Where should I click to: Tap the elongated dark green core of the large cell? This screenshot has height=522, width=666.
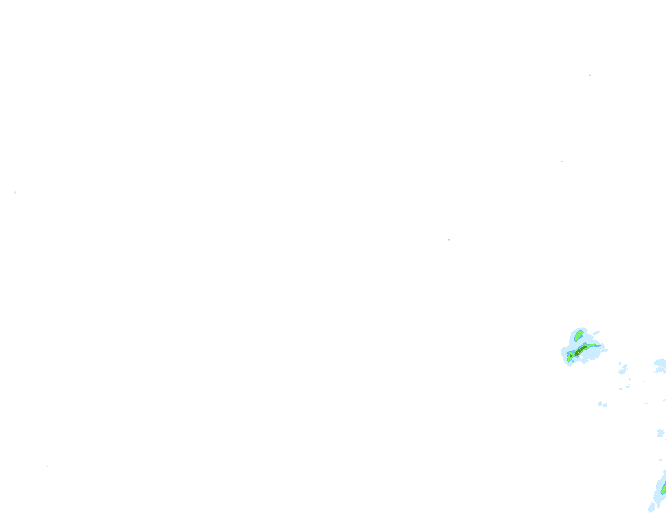coord(581,350)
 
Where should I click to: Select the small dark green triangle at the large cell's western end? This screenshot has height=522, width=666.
coord(571,355)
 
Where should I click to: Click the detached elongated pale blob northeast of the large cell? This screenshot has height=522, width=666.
coord(597,333)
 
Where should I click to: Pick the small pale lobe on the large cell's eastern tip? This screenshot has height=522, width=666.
coord(605,350)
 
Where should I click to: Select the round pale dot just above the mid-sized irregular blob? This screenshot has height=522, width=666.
coord(620,363)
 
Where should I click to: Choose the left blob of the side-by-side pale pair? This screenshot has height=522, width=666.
coord(600,404)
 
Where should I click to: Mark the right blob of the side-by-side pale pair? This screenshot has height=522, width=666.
coord(604,405)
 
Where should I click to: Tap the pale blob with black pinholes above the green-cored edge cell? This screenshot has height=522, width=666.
coord(660,433)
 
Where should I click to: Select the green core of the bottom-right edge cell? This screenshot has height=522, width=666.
coord(663,489)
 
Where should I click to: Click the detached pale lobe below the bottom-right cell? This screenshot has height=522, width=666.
coord(652,507)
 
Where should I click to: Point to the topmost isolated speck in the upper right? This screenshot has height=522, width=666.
coord(590,75)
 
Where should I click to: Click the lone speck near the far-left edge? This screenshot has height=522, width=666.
coord(15,192)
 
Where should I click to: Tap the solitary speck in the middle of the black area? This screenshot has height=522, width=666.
coord(449,240)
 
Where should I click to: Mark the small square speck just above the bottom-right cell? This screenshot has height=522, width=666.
coord(660,460)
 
